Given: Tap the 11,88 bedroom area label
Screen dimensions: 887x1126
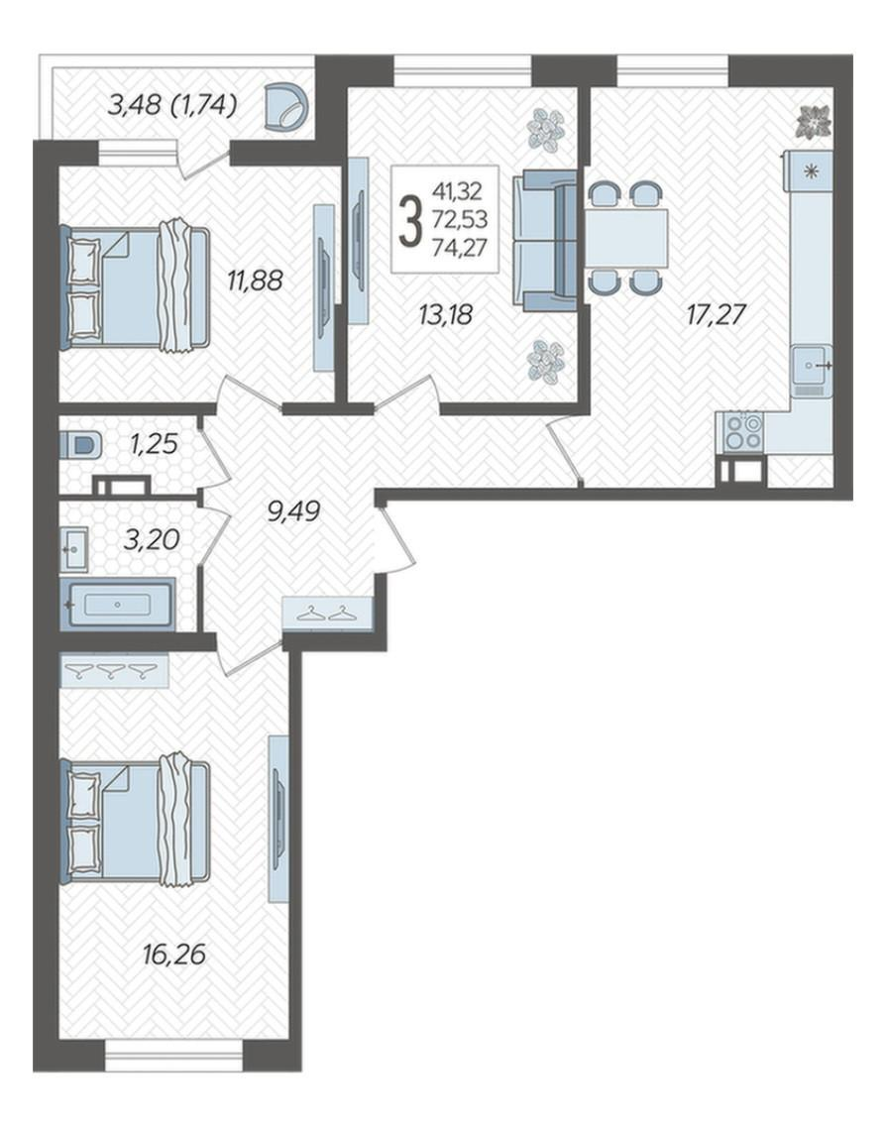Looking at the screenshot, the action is point(255,281).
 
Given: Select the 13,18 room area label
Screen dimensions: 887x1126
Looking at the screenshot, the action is point(445,314).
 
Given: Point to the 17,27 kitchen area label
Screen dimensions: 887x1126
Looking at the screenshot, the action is point(717,314).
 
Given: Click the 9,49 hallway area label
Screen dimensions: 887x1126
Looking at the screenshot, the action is point(293,512).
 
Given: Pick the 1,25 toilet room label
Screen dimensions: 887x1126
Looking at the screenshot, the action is point(153,444).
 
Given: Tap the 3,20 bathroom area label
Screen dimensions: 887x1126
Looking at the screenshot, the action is point(151,538).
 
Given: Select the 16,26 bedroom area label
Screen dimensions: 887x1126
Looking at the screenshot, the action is point(174,955).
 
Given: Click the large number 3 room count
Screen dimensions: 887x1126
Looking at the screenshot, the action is point(411,221).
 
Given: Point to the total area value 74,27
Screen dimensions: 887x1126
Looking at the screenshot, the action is point(460,247).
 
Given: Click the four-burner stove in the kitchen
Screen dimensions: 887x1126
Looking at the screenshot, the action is point(742,431).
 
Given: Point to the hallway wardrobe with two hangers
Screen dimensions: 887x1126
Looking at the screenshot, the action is point(327,614).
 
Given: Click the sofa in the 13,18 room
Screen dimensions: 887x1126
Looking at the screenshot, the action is point(545,241).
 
